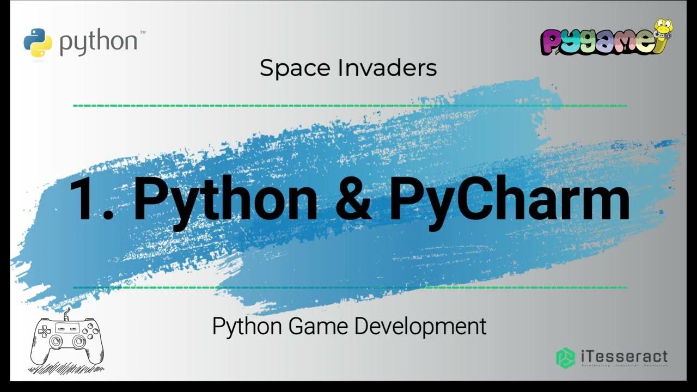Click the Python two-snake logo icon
38,42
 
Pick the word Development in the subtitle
420,326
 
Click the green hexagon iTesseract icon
566,357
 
